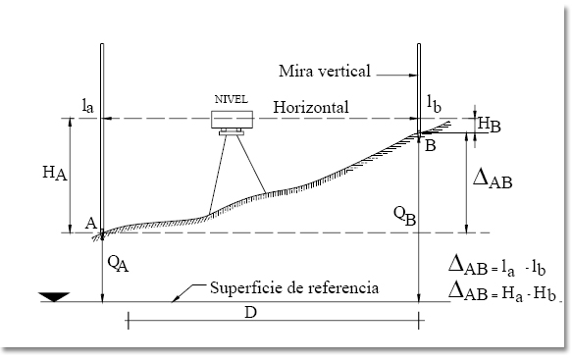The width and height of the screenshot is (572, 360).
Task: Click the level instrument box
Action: pos(234,119)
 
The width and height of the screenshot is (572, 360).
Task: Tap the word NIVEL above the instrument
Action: pos(233,99)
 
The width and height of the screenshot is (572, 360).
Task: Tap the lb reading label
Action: pos(436,101)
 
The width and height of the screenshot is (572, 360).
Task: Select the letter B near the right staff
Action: pos(430,145)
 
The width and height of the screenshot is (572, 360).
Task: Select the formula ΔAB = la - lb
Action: pos(494,264)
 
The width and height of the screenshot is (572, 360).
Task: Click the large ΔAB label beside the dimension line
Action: pos(495,178)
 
